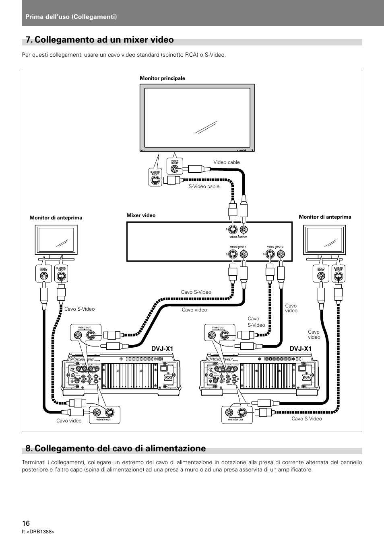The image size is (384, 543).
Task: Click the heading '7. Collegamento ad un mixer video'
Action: (99, 40)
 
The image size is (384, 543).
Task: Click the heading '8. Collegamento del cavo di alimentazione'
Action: (115, 448)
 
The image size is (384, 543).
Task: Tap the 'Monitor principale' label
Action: (162, 78)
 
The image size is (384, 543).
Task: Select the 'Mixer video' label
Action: (141, 215)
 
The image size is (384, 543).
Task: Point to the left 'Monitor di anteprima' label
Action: (56, 218)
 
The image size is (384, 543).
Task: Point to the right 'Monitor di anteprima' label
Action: (325, 217)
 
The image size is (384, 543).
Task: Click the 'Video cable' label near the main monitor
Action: (226, 162)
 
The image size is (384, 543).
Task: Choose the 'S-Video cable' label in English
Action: (204, 186)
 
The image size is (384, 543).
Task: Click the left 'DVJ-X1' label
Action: (163, 348)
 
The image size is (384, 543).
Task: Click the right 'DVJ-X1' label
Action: (301, 348)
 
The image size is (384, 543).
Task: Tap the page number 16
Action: (26, 523)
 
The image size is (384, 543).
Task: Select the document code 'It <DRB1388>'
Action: (38, 532)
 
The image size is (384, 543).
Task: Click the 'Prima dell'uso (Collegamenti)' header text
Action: (71, 16)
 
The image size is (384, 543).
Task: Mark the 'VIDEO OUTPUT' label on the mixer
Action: (238, 237)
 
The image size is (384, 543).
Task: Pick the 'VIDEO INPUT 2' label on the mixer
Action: (275, 246)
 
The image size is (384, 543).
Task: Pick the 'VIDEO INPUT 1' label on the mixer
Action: (238, 246)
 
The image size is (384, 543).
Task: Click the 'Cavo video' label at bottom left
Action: (69, 421)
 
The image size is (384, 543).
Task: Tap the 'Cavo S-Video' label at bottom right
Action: (307, 419)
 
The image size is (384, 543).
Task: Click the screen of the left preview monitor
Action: (56, 240)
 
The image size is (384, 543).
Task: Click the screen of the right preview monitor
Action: (325, 240)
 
